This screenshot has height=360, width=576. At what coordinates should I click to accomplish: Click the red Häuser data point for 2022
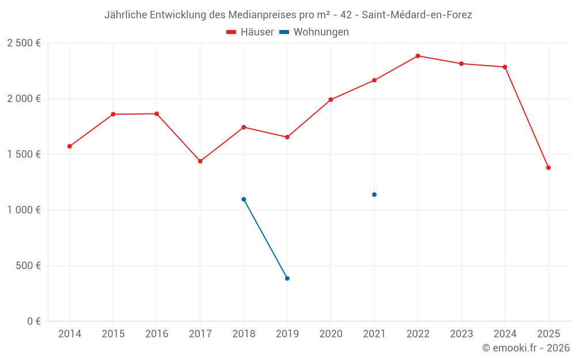tap(418, 56)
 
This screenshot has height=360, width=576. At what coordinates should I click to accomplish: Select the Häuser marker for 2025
tap(548, 168)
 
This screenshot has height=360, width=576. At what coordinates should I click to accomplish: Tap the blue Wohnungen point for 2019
tap(287, 278)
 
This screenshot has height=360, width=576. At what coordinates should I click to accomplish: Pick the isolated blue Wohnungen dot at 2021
tap(374, 195)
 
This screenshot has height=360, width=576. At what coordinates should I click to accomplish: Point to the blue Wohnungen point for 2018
tap(244, 199)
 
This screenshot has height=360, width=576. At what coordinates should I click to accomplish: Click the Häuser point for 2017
tap(200, 161)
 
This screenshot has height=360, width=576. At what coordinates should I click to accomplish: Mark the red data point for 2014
tap(70, 146)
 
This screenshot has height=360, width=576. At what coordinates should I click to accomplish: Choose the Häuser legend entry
tap(251, 32)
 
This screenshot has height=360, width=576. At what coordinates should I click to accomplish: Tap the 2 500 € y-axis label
tap(24, 43)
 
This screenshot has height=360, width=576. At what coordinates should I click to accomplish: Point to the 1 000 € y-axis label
tap(24, 210)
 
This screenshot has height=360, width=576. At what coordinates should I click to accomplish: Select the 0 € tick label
tap(33, 321)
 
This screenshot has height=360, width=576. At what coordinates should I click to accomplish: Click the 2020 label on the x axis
tap(331, 334)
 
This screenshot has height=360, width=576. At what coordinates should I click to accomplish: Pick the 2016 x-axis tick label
tap(157, 334)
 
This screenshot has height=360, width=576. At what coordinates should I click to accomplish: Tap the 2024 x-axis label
tap(505, 334)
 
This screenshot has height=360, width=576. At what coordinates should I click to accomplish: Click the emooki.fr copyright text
tap(525, 348)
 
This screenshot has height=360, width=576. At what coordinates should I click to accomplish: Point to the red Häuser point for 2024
tap(505, 67)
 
